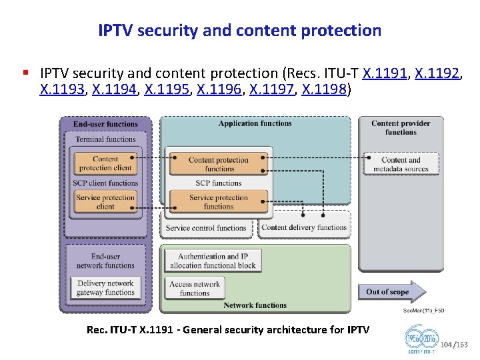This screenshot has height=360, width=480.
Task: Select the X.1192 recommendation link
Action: click(x=437, y=73)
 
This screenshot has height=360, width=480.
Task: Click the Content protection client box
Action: click(x=105, y=163)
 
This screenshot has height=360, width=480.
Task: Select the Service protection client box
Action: click(x=105, y=202)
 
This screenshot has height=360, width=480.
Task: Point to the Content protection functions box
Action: click(x=218, y=164)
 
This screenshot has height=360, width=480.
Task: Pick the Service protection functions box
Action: click(x=218, y=202)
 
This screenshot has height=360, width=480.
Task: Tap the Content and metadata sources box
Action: click(x=401, y=164)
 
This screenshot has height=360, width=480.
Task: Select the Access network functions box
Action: click(x=195, y=288)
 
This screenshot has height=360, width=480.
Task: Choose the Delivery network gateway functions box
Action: click(x=105, y=287)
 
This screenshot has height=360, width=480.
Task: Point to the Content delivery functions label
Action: click(x=304, y=227)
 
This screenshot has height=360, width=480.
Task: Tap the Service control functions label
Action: click(x=206, y=228)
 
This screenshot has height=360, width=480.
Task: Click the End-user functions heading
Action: click(x=105, y=124)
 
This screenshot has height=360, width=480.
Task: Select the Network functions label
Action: click(x=255, y=305)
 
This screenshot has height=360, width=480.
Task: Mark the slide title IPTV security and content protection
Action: click(x=239, y=31)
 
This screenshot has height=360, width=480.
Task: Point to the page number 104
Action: click(x=447, y=345)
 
